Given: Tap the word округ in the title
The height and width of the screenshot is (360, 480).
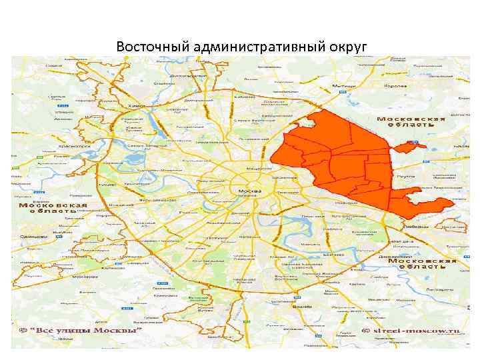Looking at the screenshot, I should pos(346,47).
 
